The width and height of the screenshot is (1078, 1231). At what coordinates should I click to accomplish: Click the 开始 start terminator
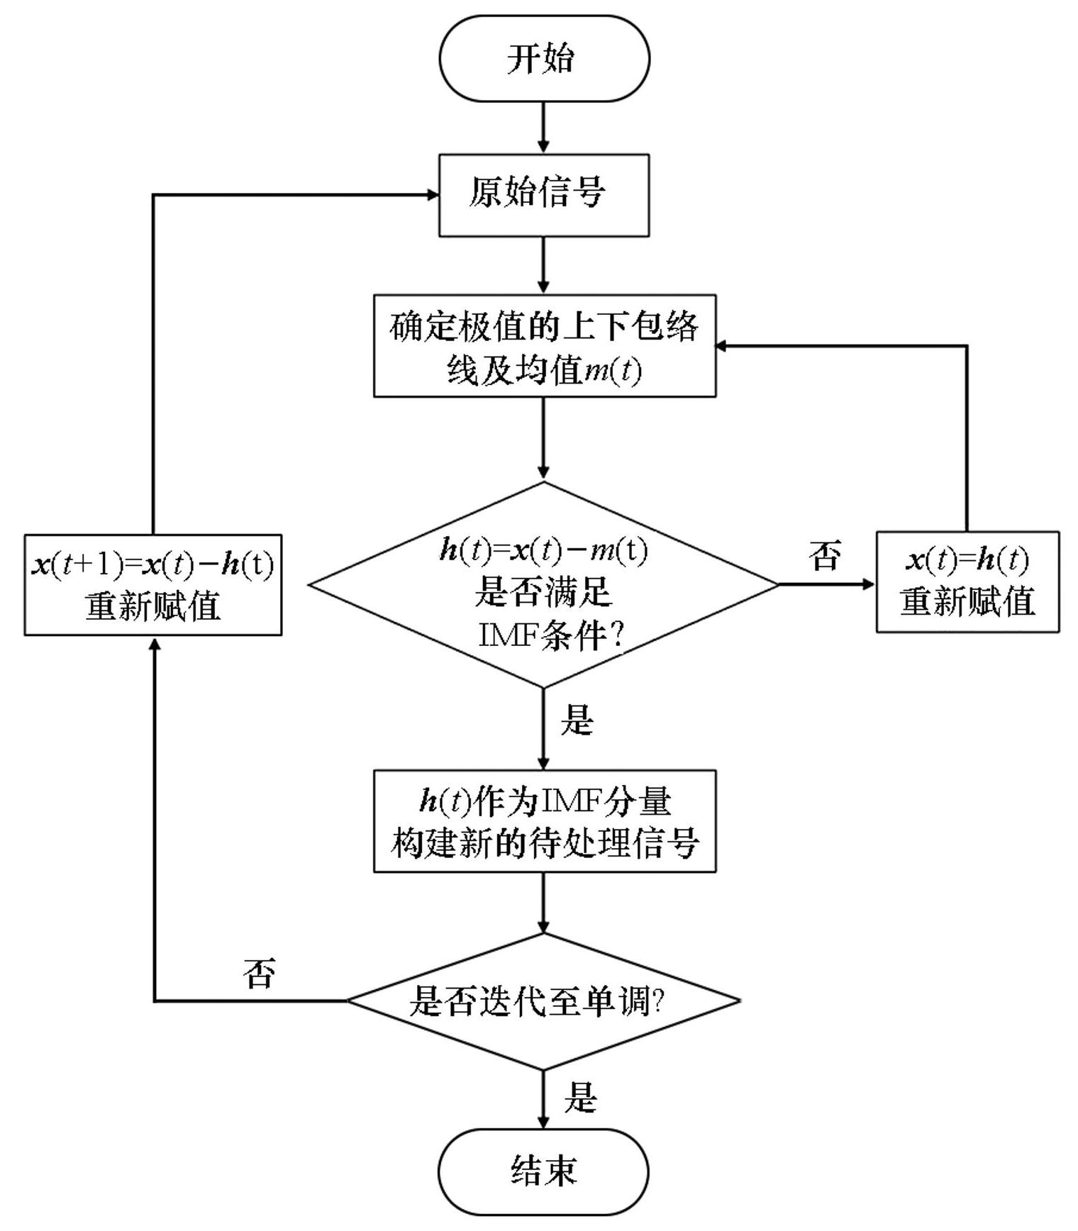[x=544, y=58]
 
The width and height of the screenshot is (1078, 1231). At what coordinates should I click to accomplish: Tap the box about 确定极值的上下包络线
[x=544, y=346]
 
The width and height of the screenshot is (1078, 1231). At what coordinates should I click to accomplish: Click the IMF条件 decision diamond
[x=544, y=586]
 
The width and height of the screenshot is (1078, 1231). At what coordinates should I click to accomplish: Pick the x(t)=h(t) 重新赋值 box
[x=967, y=581]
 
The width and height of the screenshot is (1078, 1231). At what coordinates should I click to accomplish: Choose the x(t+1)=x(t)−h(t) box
[x=153, y=585]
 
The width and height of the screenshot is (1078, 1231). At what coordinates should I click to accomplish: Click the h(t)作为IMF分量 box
[x=544, y=821]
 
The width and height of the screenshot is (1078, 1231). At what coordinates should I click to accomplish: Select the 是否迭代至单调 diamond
[x=544, y=1001]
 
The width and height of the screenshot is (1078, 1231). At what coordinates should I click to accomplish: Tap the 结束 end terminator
[x=544, y=1171]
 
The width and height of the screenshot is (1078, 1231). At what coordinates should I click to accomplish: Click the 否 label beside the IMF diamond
[x=826, y=555]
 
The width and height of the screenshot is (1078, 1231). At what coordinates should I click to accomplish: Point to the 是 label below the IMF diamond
[x=577, y=720]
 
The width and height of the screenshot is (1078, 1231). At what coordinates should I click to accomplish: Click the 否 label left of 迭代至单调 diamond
[x=260, y=973]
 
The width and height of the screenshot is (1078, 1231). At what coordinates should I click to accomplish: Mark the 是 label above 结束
[x=581, y=1097]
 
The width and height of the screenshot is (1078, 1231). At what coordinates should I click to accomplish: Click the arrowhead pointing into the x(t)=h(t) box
[x=869, y=585]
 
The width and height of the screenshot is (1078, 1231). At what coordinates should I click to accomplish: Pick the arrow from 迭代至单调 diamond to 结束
[x=544, y=1099]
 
